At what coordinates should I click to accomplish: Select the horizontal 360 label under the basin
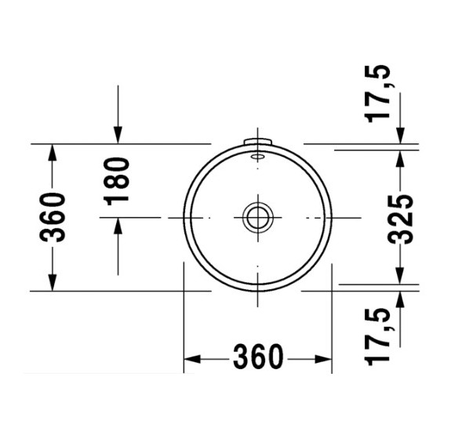click(257, 358)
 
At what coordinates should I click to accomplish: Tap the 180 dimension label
click(117, 180)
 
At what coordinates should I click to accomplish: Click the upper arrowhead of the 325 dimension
click(401, 158)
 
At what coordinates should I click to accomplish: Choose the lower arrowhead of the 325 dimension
click(401, 275)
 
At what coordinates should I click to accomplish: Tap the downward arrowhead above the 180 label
click(117, 136)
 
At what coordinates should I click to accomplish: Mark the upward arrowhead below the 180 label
click(117, 226)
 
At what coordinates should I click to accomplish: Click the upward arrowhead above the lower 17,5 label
click(401, 299)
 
